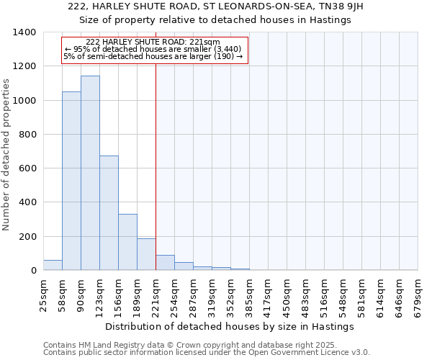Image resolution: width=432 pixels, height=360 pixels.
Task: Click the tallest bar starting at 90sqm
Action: pos(90,173)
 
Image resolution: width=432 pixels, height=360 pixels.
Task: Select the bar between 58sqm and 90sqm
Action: pos(71,181)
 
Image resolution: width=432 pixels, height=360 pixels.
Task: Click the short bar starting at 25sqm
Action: pos(53,265)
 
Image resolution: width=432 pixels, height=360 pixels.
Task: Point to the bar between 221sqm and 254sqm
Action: pos(165,263)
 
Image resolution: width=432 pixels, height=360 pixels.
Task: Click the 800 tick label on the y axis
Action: pos(27,135)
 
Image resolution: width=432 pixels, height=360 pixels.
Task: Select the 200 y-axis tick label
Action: pos(27,237)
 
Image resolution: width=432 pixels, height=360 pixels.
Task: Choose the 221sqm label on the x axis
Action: pos(156,294)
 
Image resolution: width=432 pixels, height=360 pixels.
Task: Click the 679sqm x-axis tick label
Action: pos(418,294)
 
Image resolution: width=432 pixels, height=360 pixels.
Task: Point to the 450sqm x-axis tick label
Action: pos(287,294)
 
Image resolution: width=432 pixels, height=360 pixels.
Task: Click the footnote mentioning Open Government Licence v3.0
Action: pos(206,353)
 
